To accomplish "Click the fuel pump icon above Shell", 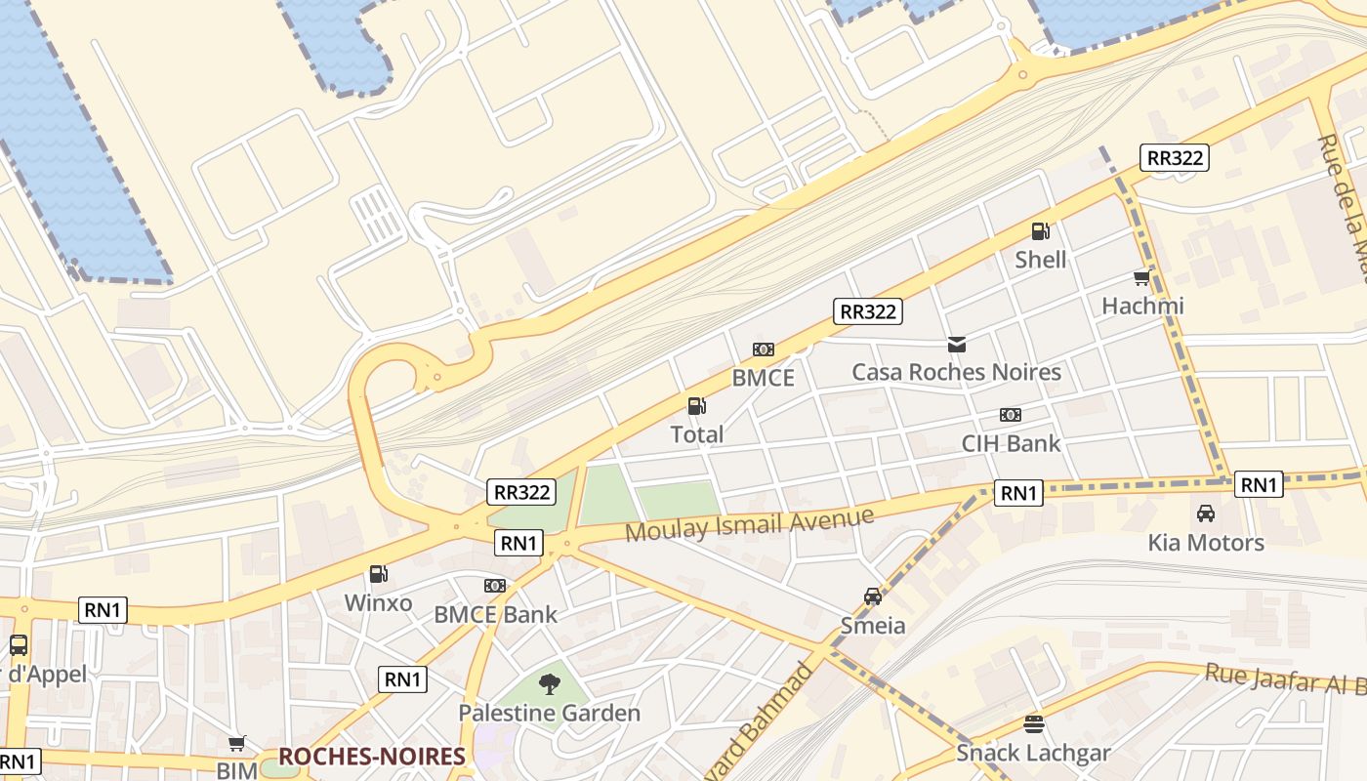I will coord(1040,231).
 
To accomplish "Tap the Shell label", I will coord(1040,260).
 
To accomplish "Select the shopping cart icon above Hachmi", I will coord(1141,278).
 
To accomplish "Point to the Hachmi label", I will coord(1142,306).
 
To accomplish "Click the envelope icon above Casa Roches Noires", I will coord(956,344).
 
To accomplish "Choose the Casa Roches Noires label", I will coord(956,372).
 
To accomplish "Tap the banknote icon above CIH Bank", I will coord(1011,415).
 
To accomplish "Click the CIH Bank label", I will coord(1011,443).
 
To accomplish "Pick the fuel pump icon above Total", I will coord(696,406).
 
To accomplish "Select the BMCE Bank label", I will coord(495,614).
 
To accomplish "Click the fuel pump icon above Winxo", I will coord(378,575).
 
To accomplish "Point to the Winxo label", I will coord(378,603).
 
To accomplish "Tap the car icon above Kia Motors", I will coord(1206,514).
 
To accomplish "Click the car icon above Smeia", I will coord(873,596).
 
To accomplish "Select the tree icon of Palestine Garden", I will coord(550,684).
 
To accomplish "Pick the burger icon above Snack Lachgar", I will coord(1033,724).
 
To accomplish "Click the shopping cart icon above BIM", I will coord(236,744).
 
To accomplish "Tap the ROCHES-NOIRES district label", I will coord(371,757).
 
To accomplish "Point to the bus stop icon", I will coord(18,645).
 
